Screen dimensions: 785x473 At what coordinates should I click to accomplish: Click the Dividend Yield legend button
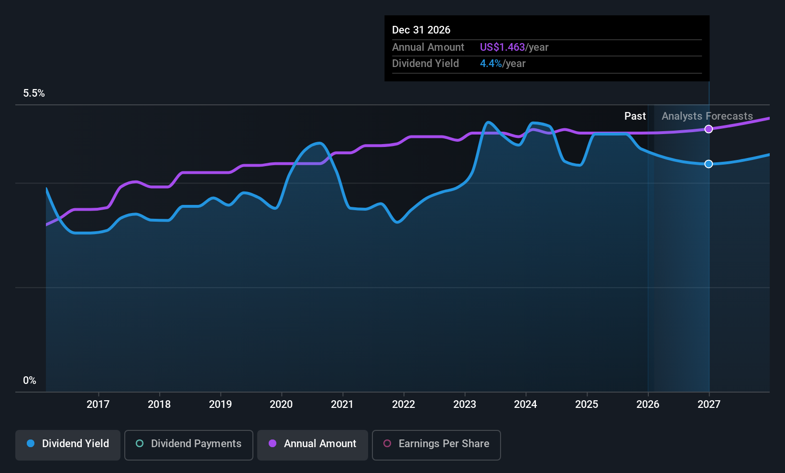pyautogui.click(x=67, y=445)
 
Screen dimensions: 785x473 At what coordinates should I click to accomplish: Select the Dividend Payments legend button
pyautogui.click(x=188, y=445)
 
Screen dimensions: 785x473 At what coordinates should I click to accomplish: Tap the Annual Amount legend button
pyautogui.click(x=313, y=445)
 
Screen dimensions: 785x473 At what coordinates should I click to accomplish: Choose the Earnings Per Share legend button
pyautogui.click(x=436, y=445)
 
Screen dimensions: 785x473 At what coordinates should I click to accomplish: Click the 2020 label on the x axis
pyautogui.click(x=281, y=404)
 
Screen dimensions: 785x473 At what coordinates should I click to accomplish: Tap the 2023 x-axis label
pyautogui.click(x=465, y=404)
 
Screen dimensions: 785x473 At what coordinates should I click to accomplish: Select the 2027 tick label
pyautogui.click(x=709, y=404)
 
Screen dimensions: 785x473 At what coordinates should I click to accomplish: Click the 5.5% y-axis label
pyautogui.click(x=34, y=93)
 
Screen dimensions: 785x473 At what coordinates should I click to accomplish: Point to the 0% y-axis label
pyautogui.click(x=30, y=381)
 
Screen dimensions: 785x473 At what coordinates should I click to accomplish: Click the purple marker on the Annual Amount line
pyautogui.click(x=709, y=129)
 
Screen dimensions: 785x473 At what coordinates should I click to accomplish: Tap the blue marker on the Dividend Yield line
pyautogui.click(x=709, y=164)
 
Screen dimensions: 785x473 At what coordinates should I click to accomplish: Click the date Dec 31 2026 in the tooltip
pyautogui.click(x=421, y=30)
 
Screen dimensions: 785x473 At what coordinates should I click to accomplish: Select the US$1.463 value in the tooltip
pyautogui.click(x=502, y=47)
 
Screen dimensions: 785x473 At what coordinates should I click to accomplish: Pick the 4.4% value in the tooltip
pyautogui.click(x=491, y=64)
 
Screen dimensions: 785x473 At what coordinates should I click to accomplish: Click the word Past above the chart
pyautogui.click(x=635, y=116)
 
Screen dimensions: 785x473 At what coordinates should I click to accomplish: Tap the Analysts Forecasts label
pyautogui.click(x=707, y=116)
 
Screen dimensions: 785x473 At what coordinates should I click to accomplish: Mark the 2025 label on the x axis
pyautogui.click(x=587, y=404)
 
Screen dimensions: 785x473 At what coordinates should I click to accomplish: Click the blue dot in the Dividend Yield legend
pyautogui.click(x=31, y=443)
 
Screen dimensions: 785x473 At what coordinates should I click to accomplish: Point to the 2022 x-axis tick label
pyautogui.click(x=403, y=404)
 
